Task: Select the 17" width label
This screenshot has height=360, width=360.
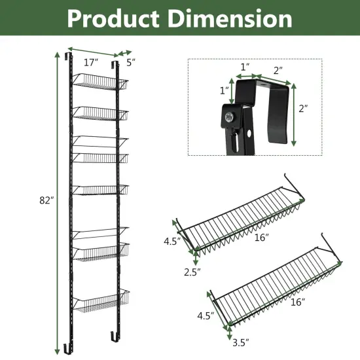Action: pyautogui.click(x=91, y=63)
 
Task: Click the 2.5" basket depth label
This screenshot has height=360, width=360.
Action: pyautogui.click(x=192, y=270)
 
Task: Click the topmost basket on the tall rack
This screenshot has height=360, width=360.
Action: pyautogui.click(x=98, y=82)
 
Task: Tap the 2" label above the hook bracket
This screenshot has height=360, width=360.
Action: pyautogui.click(x=278, y=69)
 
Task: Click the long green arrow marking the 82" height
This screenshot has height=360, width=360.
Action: pyautogui.click(x=56, y=196)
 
